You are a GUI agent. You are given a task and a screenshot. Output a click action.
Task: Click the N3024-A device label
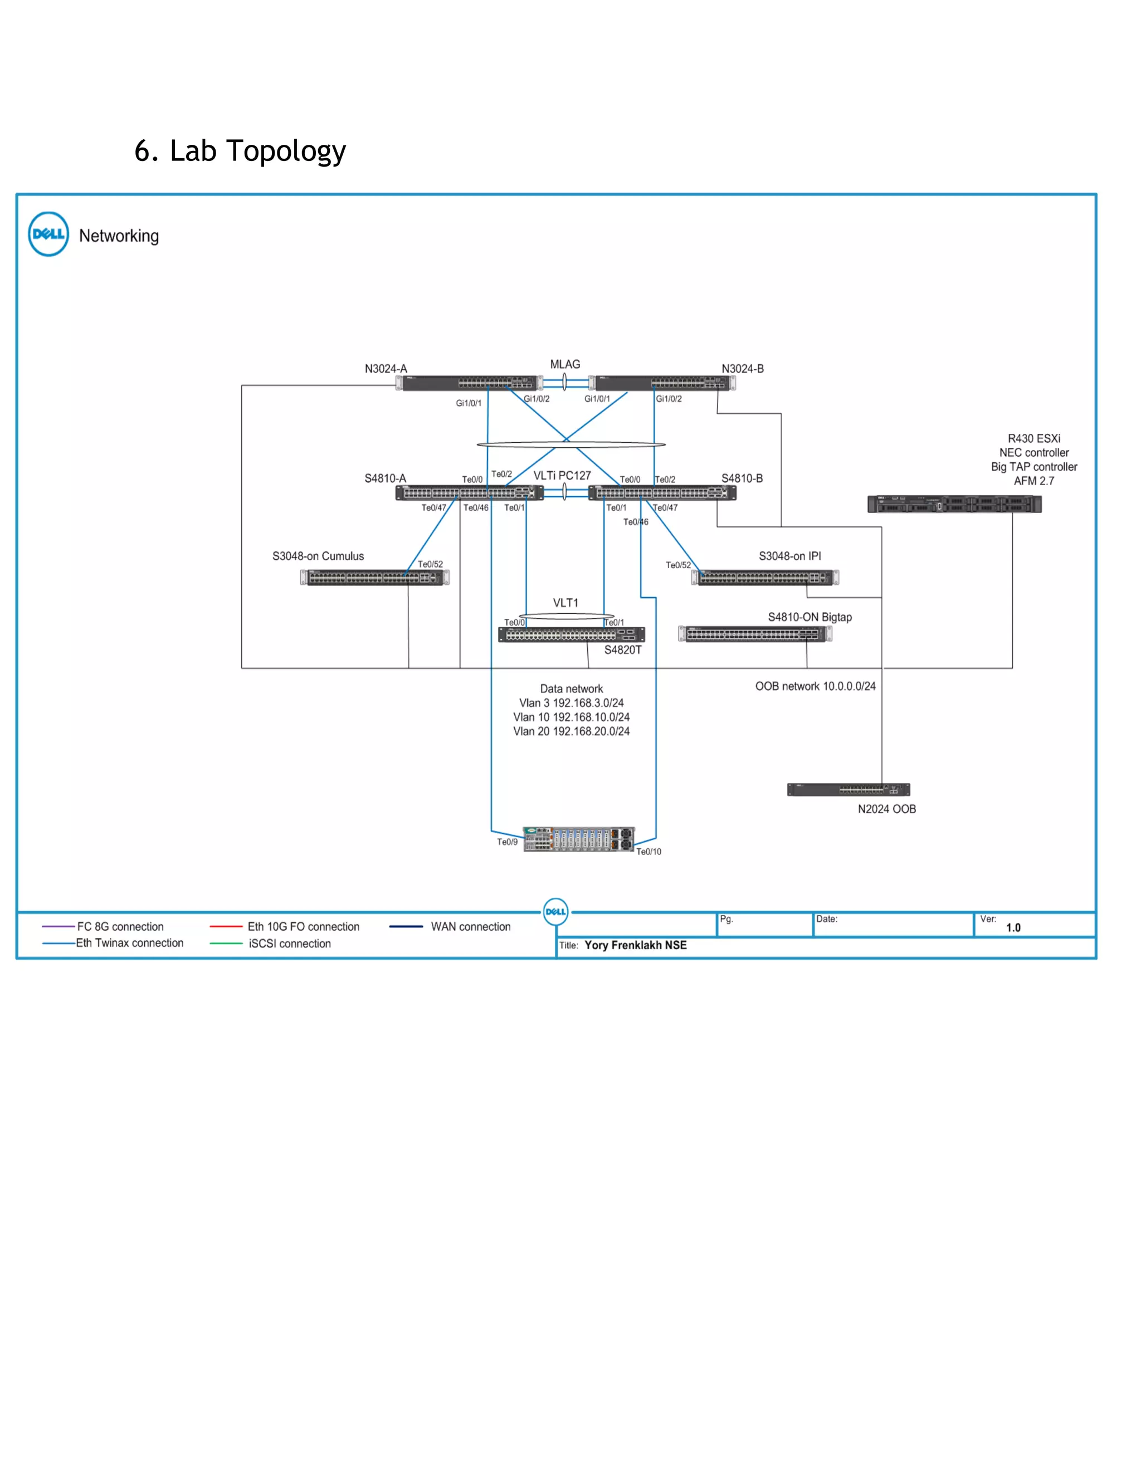click(x=386, y=368)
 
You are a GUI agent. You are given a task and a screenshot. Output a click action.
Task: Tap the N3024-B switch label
click(x=742, y=368)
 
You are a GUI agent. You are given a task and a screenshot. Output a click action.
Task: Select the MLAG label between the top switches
click(x=564, y=364)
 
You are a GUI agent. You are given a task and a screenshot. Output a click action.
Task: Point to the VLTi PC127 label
click(x=562, y=476)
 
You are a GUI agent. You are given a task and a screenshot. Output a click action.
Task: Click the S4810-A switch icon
click(x=469, y=493)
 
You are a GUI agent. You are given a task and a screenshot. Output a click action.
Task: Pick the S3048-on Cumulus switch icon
click(x=374, y=578)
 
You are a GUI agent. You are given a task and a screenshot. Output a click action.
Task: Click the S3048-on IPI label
click(x=789, y=556)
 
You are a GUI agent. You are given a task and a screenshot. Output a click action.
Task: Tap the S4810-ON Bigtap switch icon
click(x=755, y=634)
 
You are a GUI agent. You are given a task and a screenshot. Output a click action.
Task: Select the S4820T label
click(x=622, y=650)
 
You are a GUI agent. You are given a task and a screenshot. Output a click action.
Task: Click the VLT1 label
click(x=565, y=603)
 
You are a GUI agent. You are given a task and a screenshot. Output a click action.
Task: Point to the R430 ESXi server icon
click(x=954, y=504)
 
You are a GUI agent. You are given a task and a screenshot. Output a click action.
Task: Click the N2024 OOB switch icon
click(x=849, y=789)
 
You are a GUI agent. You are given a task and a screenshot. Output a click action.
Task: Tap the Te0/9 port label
click(x=507, y=842)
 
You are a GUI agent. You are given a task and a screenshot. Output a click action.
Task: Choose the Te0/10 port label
click(x=648, y=852)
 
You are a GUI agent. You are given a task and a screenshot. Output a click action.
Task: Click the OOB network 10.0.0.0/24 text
click(x=815, y=686)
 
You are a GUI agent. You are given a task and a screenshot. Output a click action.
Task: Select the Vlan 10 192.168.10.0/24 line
click(x=571, y=717)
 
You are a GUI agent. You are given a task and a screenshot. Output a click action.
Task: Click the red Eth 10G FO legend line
click(x=226, y=927)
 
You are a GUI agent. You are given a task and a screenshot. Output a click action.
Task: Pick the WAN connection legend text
click(x=470, y=927)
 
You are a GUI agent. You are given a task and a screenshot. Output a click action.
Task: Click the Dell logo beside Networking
click(x=48, y=234)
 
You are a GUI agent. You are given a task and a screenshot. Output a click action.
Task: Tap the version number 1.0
click(x=1012, y=928)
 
